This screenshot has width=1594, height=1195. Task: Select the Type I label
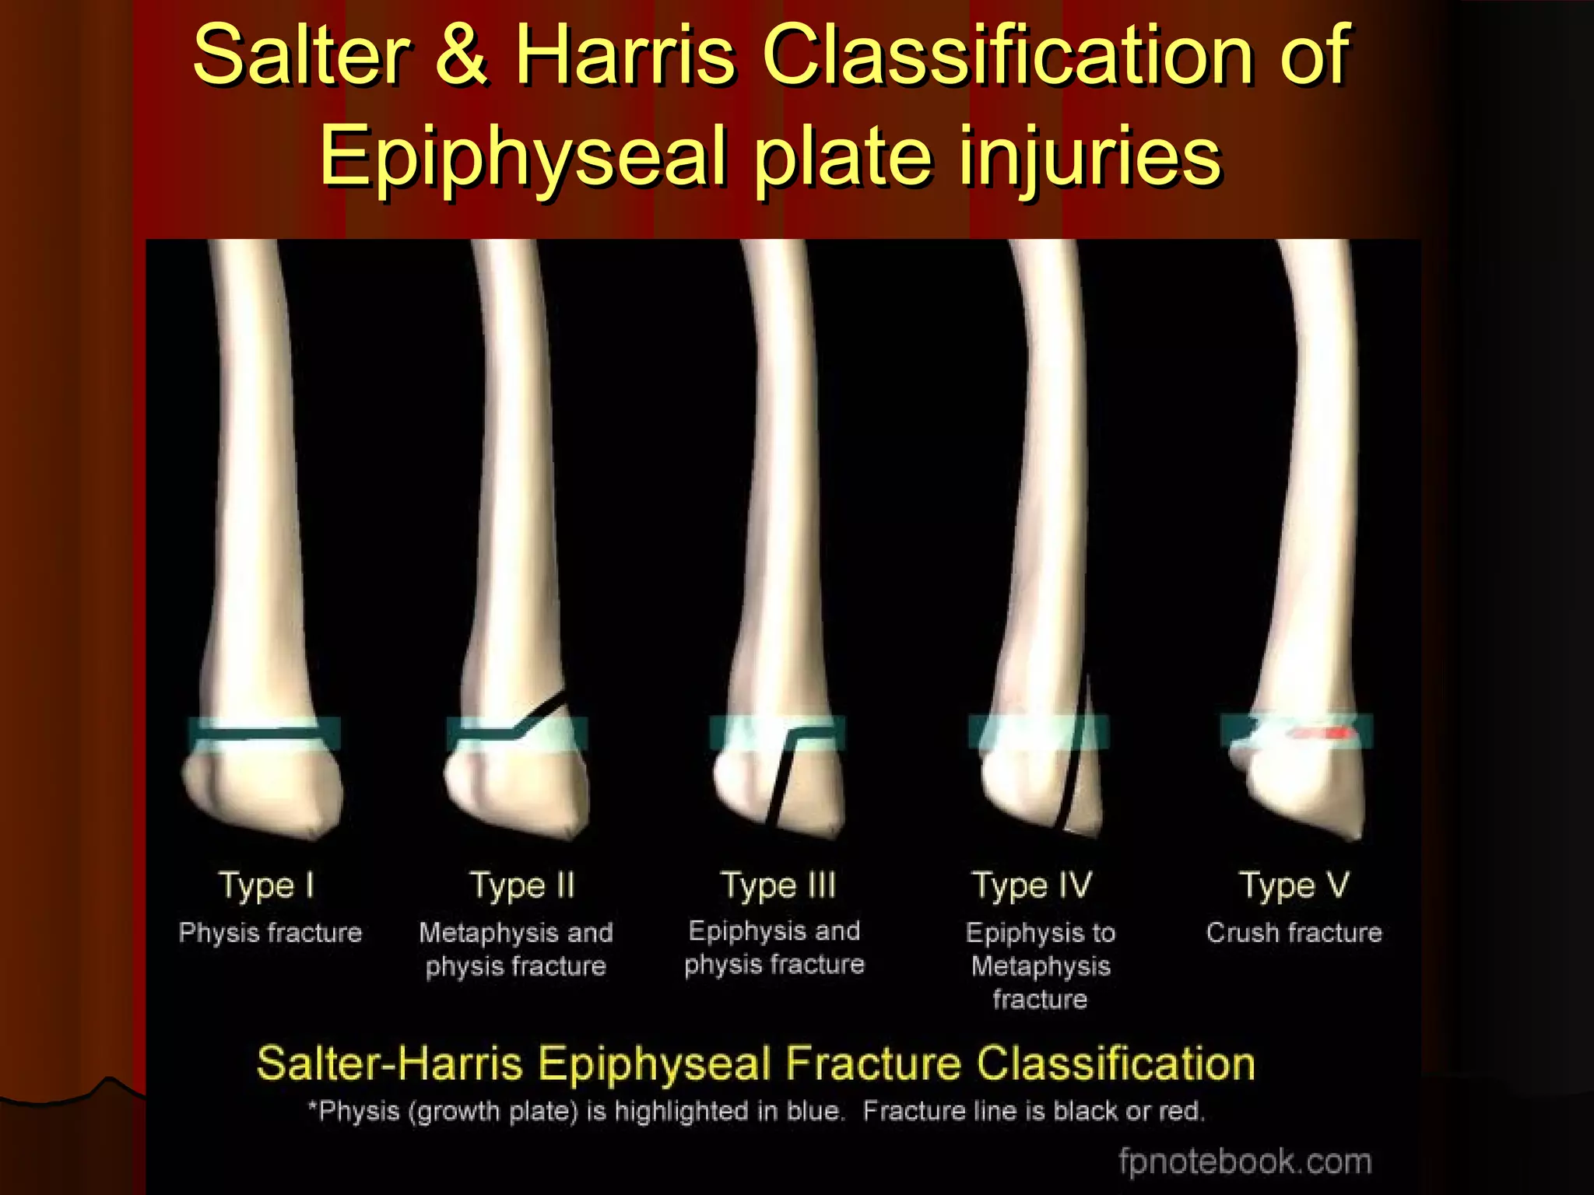pos(267,886)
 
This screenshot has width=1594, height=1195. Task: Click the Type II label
pos(522,886)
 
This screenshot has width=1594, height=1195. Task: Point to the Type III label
pos(778,886)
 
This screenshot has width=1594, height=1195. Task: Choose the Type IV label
pos(1033,886)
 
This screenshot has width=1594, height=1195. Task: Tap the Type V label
pos(1294,886)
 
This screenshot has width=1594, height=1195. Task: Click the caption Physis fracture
pos(270,932)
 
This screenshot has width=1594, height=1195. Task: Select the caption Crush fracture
pos(1294,932)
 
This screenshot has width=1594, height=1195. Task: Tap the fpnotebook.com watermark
pos(1245,1161)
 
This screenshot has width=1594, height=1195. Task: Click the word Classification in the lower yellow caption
pos(1115,1064)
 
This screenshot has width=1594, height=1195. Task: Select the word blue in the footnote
pos(815,1111)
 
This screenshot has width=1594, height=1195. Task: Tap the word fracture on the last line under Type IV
pos(1040,999)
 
